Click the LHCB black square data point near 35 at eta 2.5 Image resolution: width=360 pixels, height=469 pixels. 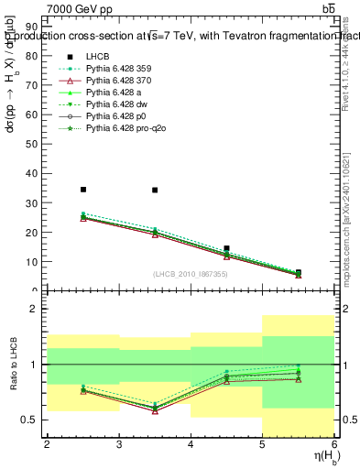(x=83, y=190)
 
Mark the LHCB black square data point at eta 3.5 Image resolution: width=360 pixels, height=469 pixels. (x=155, y=191)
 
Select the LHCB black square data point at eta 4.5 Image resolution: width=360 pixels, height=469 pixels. (x=226, y=248)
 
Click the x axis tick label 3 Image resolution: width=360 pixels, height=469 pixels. (x=119, y=444)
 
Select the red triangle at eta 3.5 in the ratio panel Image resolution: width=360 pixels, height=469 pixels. (x=155, y=410)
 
